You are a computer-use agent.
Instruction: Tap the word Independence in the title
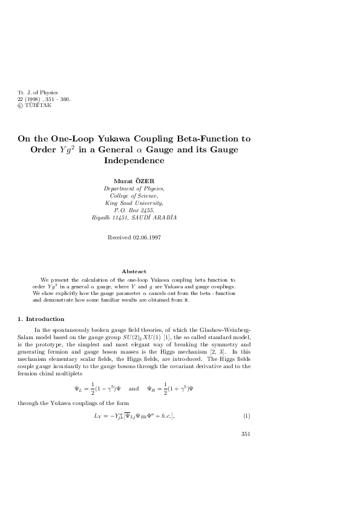click(x=134, y=161)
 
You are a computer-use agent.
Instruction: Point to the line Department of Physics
click(x=134, y=189)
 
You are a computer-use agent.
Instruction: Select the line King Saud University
click(x=134, y=203)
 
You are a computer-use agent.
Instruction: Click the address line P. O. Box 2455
click(x=134, y=210)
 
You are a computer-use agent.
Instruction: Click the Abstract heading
click(x=134, y=271)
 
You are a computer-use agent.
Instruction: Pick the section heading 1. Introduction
click(x=41, y=319)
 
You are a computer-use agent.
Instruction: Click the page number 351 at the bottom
click(x=246, y=433)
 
